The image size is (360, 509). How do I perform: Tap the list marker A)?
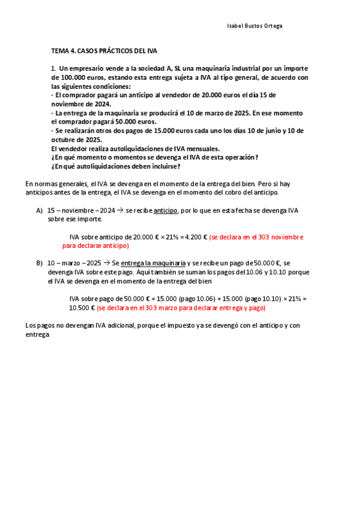click(40, 211)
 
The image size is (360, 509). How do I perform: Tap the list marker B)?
click(40, 263)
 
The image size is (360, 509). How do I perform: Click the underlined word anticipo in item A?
click(166, 211)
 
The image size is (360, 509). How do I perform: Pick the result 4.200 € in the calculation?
click(196, 237)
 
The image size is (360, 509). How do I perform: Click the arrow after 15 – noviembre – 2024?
click(121, 211)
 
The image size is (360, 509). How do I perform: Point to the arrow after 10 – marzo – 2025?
click(107, 263)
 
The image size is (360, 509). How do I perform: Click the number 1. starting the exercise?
click(53, 68)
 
